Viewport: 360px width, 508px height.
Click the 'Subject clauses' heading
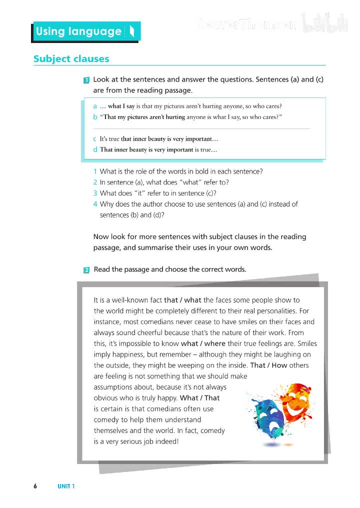(71, 59)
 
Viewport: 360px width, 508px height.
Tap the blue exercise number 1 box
(86, 80)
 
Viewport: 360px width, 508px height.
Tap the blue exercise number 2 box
(86, 270)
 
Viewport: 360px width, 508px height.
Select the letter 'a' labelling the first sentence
(95, 106)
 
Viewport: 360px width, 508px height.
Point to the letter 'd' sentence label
(95, 149)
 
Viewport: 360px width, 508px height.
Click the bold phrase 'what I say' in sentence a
(121, 106)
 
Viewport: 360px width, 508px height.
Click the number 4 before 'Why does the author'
(95, 204)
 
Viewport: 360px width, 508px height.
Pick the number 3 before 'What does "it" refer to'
(95, 193)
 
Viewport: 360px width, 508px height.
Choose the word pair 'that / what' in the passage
(182, 300)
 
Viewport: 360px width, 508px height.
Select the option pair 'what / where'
(203, 344)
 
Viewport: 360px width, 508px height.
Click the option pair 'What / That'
(199, 398)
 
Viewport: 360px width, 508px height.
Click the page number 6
(35, 486)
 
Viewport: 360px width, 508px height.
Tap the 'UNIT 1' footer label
(66, 486)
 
